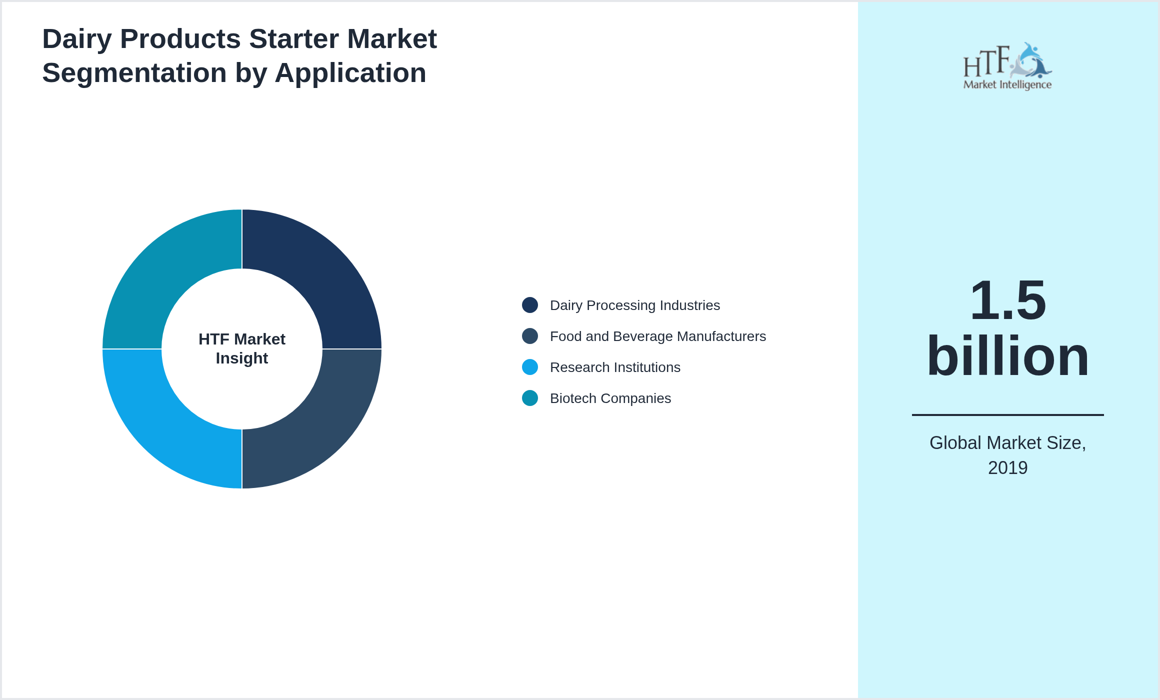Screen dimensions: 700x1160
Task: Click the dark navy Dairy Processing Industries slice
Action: click(320, 270)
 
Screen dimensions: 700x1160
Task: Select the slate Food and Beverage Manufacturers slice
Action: click(320, 427)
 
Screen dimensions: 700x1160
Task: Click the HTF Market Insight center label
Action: click(242, 348)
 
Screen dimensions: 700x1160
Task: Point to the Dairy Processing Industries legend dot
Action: click(530, 305)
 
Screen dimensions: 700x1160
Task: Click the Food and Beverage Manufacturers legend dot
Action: click(530, 336)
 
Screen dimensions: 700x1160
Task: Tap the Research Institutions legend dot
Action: click(530, 367)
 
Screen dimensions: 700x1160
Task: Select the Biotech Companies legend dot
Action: click(530, 398)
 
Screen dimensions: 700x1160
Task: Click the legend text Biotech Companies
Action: click(610, 398)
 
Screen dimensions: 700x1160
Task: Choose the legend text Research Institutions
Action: click(615, 367)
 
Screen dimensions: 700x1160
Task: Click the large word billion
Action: click(1007, 356)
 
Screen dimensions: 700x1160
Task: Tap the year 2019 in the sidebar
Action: click(1007, 468)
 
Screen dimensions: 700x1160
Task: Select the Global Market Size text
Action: click(1007, 443)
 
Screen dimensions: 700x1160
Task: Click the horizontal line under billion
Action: click(1007, 414)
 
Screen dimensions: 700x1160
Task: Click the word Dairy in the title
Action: click(77, 39)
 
